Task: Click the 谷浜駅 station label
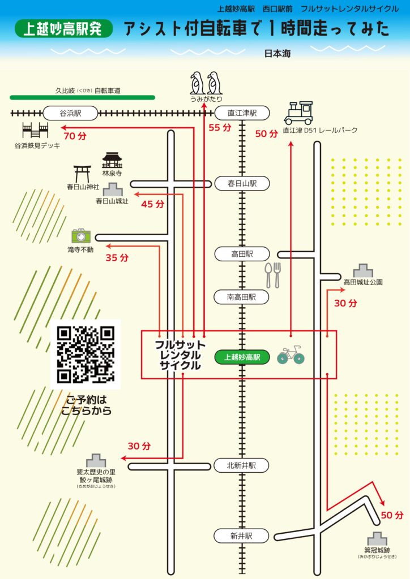[71, 113]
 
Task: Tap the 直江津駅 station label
[242, 113]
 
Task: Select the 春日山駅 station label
[242, 183]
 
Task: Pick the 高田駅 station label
[242, 254]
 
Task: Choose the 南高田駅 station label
[242, 296]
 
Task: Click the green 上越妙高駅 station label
[242, 357]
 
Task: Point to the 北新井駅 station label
[242, 465]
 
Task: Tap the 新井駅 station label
[242, 535]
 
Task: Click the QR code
[86, 354]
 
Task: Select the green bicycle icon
[291, 356]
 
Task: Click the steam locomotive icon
[298, 113]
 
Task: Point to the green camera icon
[80, 235]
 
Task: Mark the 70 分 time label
[75, 136]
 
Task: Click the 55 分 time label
[220, 128]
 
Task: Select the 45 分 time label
[152, 204]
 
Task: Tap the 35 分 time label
[117, 258]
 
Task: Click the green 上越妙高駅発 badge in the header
[63, 29]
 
